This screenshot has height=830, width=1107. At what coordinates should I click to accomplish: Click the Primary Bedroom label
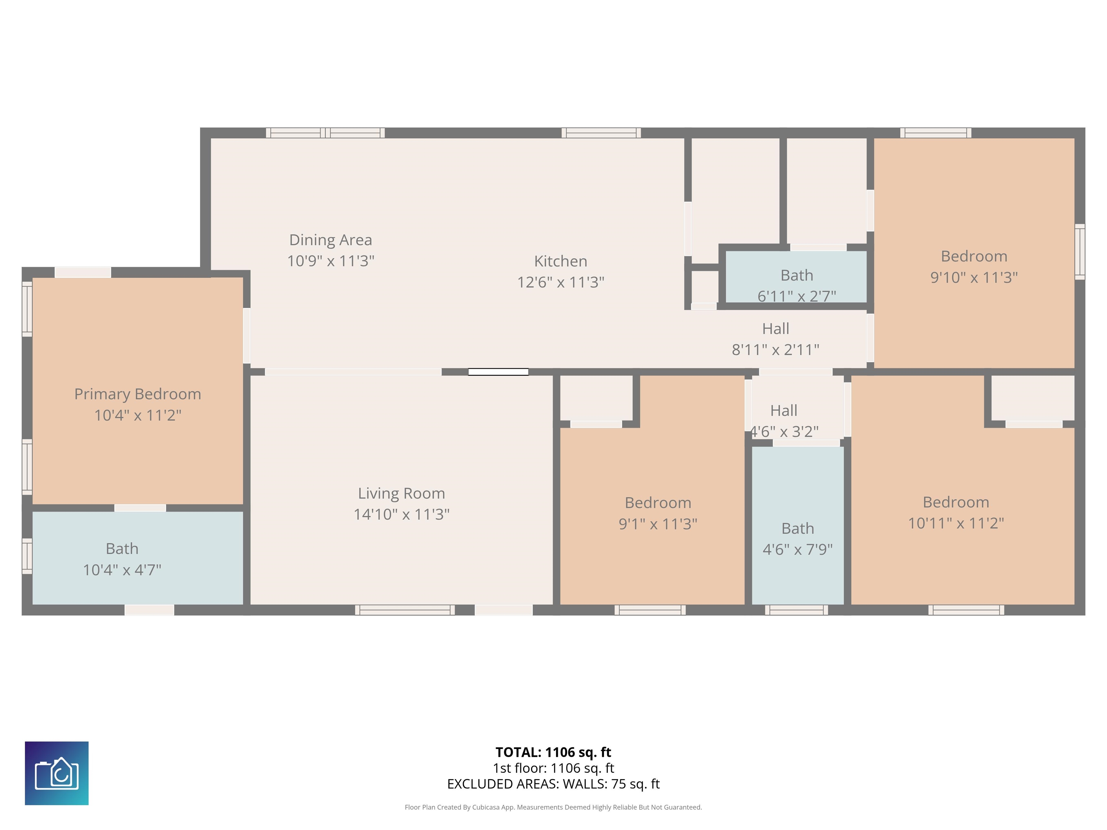tap(138, 394)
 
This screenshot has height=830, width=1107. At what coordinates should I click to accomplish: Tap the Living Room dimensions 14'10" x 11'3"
tap(401, 514)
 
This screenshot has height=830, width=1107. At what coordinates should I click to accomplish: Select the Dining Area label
tap(331, 240)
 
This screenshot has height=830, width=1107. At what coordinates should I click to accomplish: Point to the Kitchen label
tap(560, 261)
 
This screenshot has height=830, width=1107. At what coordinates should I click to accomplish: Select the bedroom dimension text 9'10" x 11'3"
tap(974, 277)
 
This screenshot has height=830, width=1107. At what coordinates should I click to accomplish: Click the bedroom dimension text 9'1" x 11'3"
tap(658, 524)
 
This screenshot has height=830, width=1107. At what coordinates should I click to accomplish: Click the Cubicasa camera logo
tap(57, 773)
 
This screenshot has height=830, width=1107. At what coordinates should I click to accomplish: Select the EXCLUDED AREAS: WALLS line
tap(553, 784)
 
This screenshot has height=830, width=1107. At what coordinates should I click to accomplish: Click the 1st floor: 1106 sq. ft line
tap(553, 768)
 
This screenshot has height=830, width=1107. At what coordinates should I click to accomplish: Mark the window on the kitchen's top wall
tap(601, 133)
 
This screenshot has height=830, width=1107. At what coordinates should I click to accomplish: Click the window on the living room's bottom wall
tap(405, 610)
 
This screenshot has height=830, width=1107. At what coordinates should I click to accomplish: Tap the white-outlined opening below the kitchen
tap(498, 372)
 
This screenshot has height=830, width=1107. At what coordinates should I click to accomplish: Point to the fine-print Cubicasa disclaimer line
tap(553, 807)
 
